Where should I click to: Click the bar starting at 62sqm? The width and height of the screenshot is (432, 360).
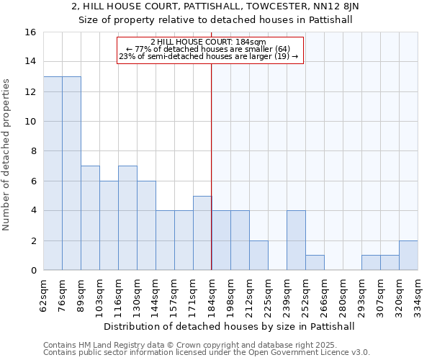click(53, 174)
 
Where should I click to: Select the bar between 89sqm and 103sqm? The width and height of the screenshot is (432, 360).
click(90, 218)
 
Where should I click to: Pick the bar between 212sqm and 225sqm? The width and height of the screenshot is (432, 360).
click(258, 256)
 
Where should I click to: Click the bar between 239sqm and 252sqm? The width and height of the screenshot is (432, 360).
click(296, 240)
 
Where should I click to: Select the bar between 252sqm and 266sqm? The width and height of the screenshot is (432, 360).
click(315, 263)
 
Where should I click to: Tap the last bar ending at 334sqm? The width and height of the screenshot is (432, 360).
click(408, 256)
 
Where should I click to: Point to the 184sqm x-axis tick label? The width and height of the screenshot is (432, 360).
click(212, 296)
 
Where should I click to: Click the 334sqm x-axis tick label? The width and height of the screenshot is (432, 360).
click(418, 296)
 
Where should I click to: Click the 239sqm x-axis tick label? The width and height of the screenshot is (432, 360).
click(287, 296)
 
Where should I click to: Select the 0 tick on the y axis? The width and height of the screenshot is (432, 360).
click(32, 271)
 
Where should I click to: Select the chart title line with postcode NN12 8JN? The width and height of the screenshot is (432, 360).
click(215, 6)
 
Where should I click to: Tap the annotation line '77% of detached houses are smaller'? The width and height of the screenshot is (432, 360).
click(208, 49)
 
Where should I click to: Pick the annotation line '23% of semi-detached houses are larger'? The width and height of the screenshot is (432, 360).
click(208, 56)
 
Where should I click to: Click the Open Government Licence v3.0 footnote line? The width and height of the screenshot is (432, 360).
click(207, 353)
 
